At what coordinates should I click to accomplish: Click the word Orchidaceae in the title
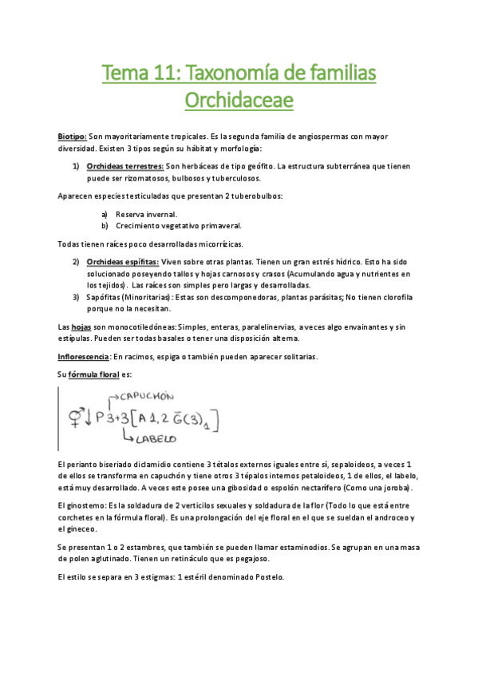point(239,101)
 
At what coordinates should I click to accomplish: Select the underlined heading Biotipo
point(72,137)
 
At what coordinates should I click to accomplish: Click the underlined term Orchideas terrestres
point(124,166)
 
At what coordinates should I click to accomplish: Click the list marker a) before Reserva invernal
point(105,214)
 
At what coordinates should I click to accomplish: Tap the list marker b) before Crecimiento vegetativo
point(105,226)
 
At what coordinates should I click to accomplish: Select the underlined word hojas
point(81,327)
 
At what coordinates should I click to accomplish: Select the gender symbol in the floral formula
point(77,417)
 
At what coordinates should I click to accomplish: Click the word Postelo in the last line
point(267,577)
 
